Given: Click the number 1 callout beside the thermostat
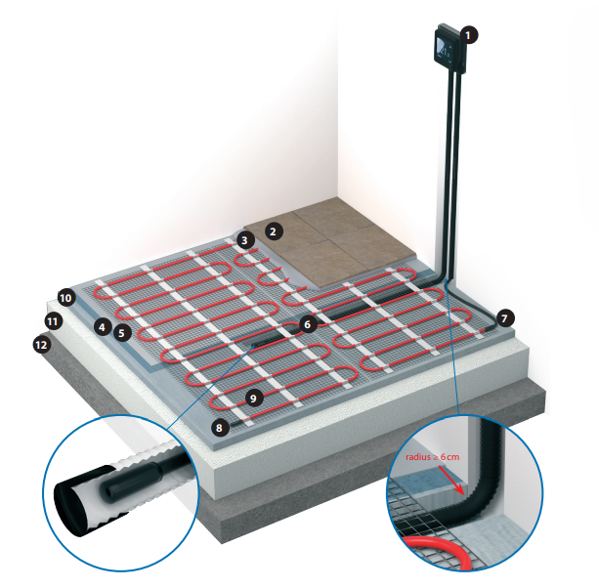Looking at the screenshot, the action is pyautogui.click(x=469, y=35).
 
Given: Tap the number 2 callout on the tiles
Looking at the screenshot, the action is pyautogui.click(x=274, y=231).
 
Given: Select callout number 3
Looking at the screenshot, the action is pyautogui.click(x=244, y=240).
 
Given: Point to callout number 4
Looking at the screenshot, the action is pyautogui.click(x=102, y=327).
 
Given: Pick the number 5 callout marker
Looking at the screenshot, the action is pyautogui.click(x=122, y=333).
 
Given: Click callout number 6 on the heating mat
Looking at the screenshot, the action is pyautogui.click(x=308, y=324).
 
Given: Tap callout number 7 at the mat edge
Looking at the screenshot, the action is pyautogui.click(x=505, y=318).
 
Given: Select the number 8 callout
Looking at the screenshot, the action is pyautogui.click(x=219, y=427).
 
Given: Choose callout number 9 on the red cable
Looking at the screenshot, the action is pyautogui.click(x=253, y=399).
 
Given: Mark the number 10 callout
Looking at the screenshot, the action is pyautogui.click(x=65, y=298).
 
